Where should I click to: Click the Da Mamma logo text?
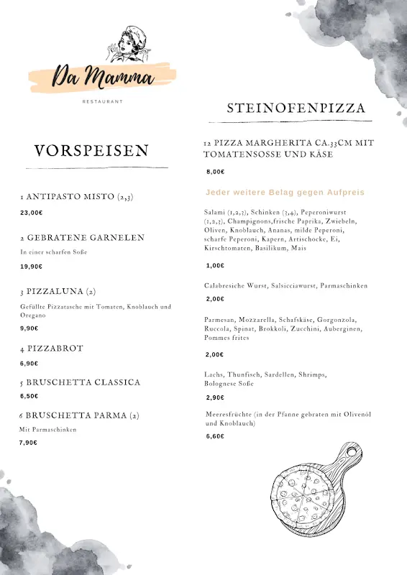click(103, 75)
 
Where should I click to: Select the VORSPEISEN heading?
click(91, 150)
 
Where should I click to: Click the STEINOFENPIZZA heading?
click(296, 109)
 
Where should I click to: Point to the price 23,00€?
click(31, 213)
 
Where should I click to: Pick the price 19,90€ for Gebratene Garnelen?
click(31, 267)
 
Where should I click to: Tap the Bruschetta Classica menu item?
click(80, 382)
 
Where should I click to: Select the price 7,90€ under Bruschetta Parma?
click(28, 443)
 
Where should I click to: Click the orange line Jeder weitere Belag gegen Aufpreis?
click(285, 193)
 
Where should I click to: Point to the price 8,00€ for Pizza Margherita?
click(216, 172)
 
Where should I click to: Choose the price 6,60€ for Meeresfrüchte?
click(215, 436)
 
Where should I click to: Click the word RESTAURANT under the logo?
click(103, 101)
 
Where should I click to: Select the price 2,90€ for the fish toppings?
click(215, 397)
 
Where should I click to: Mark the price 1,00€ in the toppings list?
click(215, 265)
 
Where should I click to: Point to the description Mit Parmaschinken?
click(47, 430)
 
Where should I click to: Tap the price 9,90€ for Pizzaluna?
click(29, 328)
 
